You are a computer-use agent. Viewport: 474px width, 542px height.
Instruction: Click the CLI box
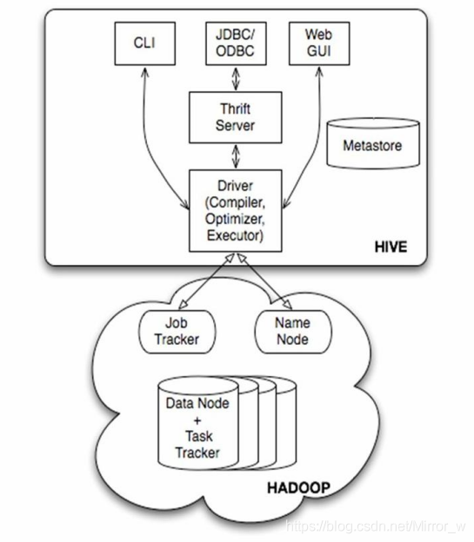pos(144,43)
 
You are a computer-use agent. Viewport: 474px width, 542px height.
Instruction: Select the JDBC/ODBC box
pos(236,43)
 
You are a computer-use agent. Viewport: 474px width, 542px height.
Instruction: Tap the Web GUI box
pos(319,43)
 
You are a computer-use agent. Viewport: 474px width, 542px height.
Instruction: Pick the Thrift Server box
pos(236,117)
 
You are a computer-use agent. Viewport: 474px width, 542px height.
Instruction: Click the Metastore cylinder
pos(373,143)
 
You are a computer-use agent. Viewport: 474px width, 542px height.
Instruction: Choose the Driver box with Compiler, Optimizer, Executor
pos(236,210)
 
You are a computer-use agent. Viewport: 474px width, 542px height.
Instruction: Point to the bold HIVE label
pos(391,247)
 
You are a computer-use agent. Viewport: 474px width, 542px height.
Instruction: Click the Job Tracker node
pos(177,332)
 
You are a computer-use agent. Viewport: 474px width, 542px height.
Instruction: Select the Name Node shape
pos(293,332)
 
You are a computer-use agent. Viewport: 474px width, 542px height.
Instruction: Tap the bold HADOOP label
pos(298,488)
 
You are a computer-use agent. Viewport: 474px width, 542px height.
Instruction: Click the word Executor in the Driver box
pos(235,235)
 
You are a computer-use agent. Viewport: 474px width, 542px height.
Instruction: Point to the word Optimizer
pos(235,219)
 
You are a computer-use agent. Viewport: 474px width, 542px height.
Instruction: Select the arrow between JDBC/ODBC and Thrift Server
pos(236,78)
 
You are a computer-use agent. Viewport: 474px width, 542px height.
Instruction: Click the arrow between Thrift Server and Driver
pos(236,156)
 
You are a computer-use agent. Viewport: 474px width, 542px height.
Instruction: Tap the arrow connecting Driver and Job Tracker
pos(207,281)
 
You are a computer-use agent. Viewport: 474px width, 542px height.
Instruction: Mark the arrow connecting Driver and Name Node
pos(264,281)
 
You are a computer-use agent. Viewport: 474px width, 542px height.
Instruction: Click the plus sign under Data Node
pos(197,420)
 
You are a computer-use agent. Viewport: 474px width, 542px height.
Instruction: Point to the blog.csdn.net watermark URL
pos(376,526)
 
